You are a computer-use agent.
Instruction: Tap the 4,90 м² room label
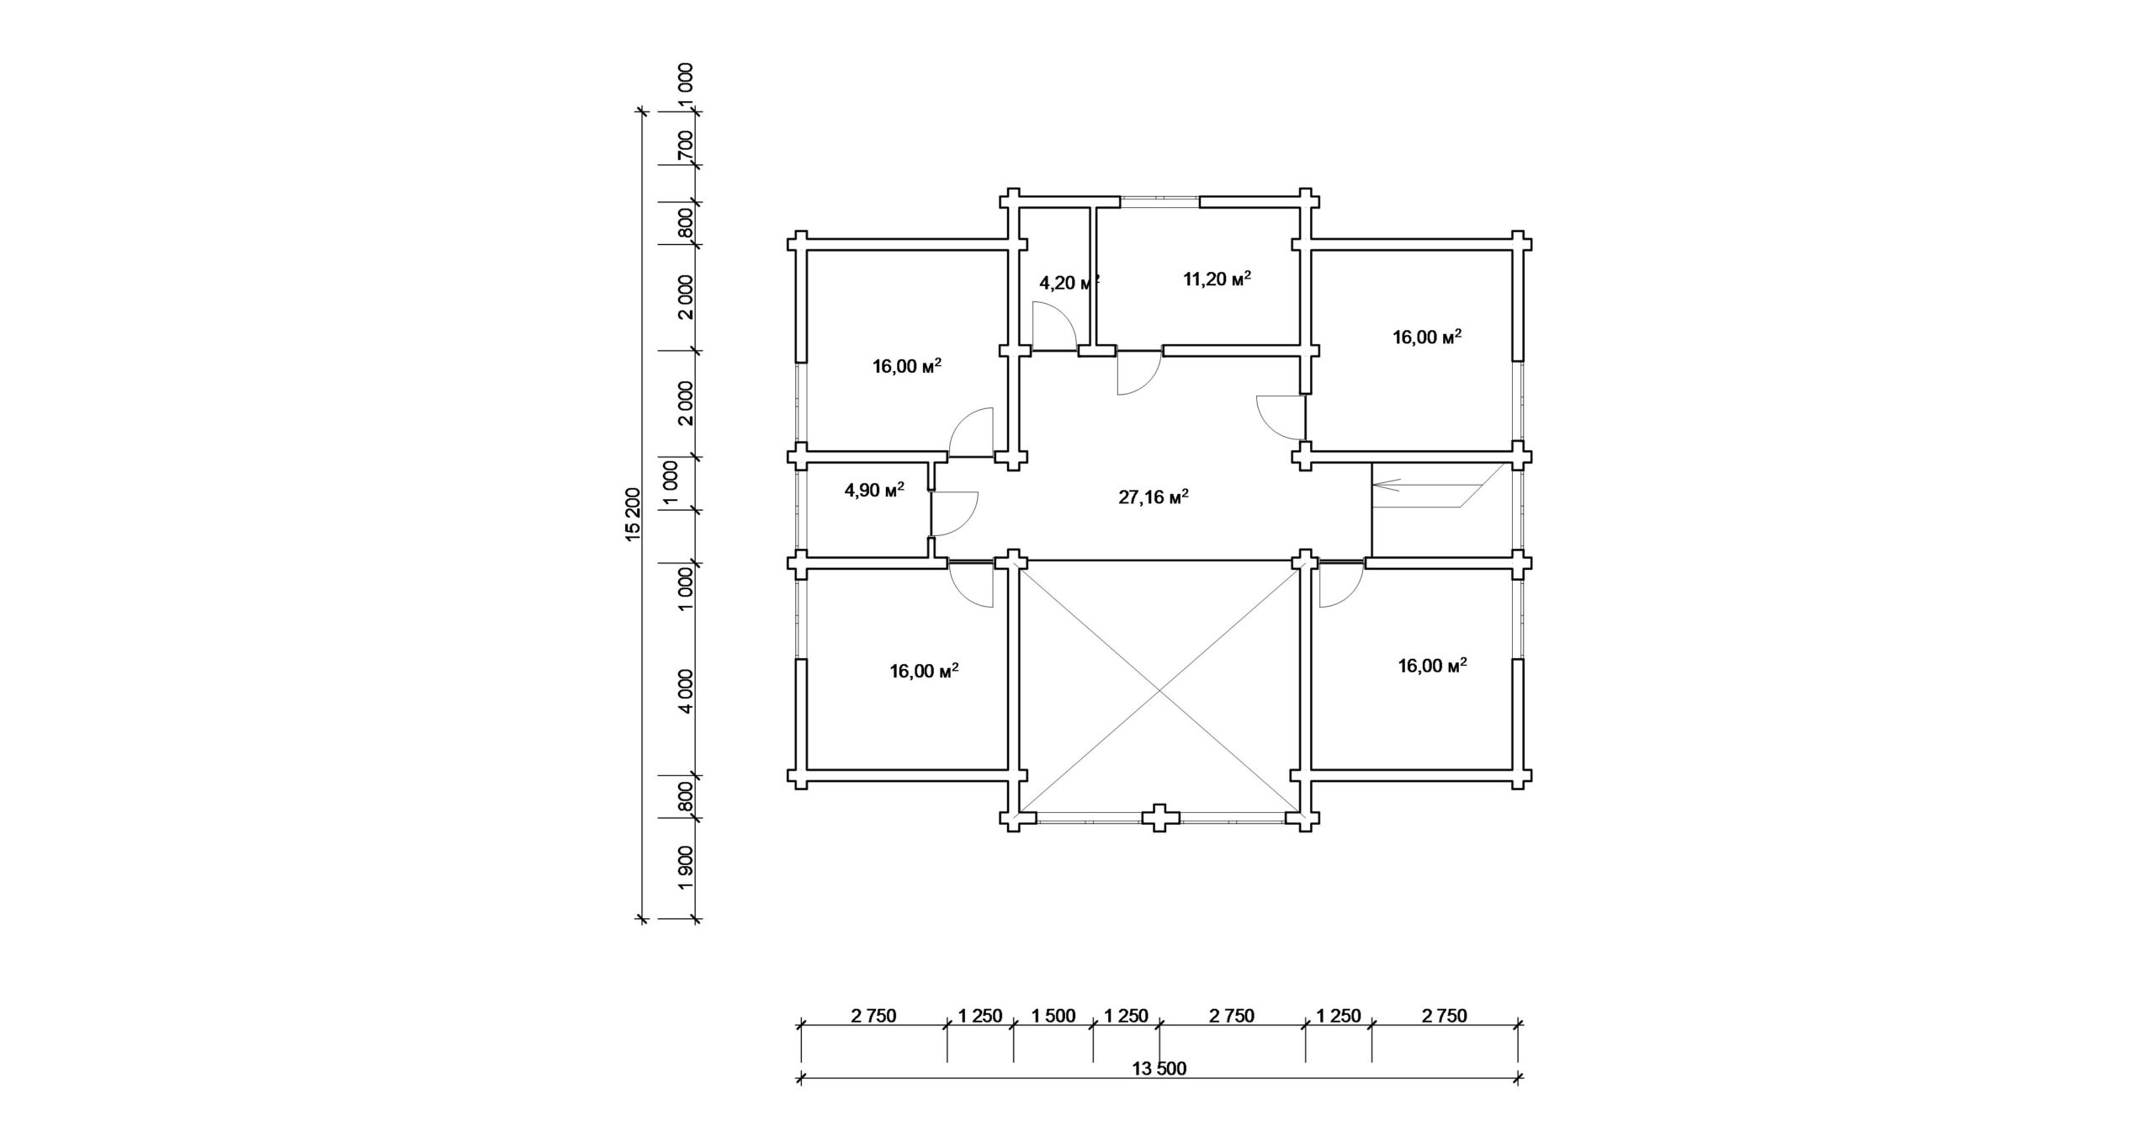(874, 490)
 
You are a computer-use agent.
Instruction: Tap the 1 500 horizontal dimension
(1053, 1016)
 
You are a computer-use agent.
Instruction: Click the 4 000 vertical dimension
(687, 691)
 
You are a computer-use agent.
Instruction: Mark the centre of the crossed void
(1160, 690)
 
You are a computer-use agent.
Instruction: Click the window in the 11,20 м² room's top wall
(1159, 201)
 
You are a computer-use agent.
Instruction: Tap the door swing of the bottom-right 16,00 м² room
(1342, 585)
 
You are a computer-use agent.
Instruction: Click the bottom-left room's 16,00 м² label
(924, 671)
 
